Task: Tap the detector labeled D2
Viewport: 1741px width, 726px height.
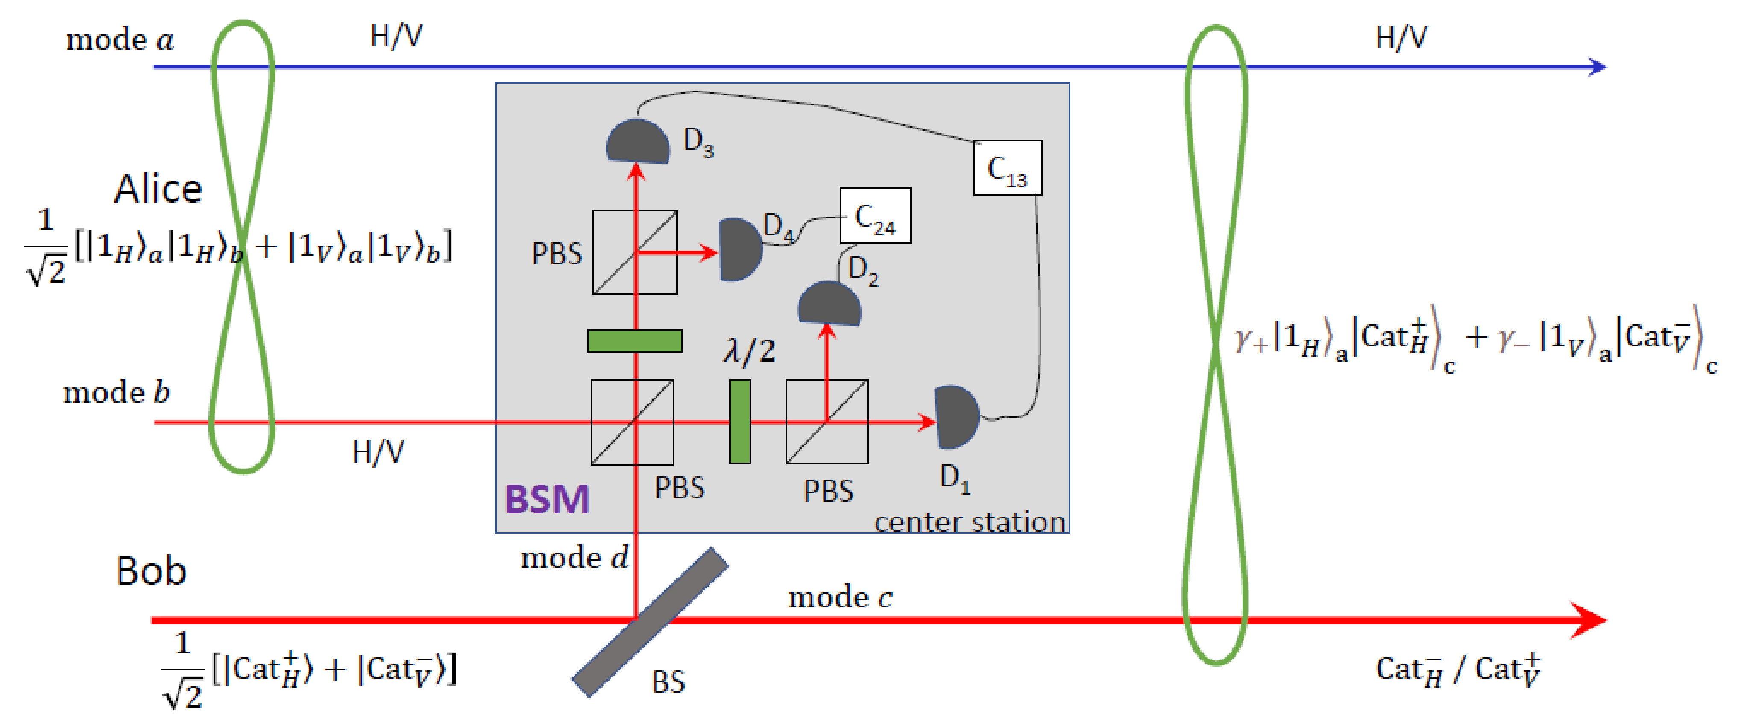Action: pyautogui.click(x=829, y=305)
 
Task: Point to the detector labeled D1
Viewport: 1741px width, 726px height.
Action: pyautogui.click(x=955, y=417)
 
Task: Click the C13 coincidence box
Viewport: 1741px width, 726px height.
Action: pyautogui.click(x=1007, y=168)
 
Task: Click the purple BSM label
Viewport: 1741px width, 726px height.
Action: pyautogui.click(x=547, y=500)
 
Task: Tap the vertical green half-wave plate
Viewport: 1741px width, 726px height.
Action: pyautogui.click(x=740, y=421)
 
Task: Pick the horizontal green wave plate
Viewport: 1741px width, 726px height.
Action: pyautogui.click(x=635, y=341)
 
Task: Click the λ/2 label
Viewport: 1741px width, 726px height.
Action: pyautogui.click(x=749, y=351)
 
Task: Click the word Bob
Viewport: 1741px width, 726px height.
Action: pyautogui.click(x=151, y=571)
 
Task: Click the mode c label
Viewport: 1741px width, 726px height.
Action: pyautogui.click(x=840, y=597)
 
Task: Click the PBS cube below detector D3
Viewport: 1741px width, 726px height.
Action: pyautogui.click(x=635, y=252)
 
